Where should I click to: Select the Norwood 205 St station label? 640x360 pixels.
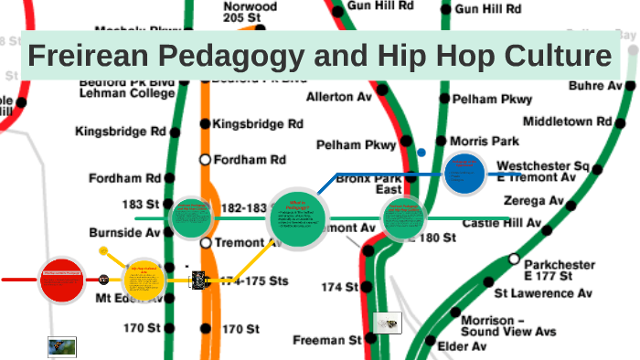click(250, 11)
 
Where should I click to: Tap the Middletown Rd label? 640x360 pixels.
click(567, 121)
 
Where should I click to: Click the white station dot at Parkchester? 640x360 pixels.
click(514, 259)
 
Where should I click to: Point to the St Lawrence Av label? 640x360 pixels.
click(543, 293)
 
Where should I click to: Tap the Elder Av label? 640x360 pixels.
click(462, 346)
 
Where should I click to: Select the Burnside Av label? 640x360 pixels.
click(124, 233)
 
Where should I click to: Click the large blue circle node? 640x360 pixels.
click(464, 173)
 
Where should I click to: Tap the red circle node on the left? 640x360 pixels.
click(63, 279)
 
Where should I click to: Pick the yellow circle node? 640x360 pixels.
click(144, 278)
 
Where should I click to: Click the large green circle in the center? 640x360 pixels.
click(297, 220)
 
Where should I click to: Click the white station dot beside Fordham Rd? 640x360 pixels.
click(205, 159)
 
